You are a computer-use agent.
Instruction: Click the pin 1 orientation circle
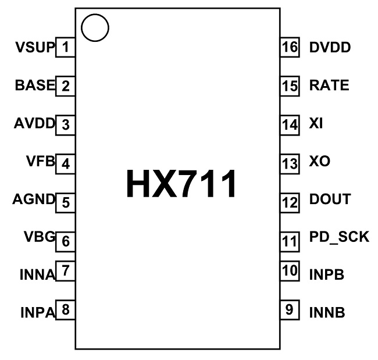click(x=95, y=27)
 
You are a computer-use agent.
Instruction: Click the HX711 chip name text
click(x=181, y=184)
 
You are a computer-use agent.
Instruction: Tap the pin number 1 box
click(x=66, y=47)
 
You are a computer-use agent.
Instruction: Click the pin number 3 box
click(x=66, y=124)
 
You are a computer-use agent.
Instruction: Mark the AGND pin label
click(x=34, y=201)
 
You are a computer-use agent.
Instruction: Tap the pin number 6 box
click(x=66, y=240)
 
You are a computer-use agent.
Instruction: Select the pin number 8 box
click(x=66, y=310)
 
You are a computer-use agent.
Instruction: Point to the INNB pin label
click(x=327, y=312)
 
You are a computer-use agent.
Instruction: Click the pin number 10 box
click(x=289, y=271)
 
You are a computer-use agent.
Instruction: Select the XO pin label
click(x=320, y=161)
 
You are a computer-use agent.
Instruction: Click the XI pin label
click(x=317, y=124)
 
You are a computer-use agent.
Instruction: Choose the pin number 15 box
click(x=289, y=85)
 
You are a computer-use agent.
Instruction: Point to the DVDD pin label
click(x=330, y=47)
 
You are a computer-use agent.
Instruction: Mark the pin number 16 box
click(x=289, y=47)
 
